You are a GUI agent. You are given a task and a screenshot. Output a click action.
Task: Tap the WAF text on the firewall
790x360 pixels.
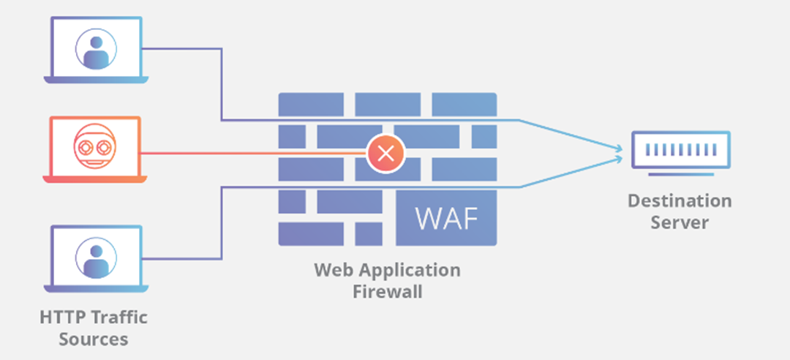point(446,218)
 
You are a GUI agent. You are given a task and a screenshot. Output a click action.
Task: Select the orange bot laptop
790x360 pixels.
point(96,150)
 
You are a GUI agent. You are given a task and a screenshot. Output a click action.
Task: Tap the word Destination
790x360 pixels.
point(680,200)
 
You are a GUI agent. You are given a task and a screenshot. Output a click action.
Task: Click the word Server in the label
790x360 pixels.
point(680,222)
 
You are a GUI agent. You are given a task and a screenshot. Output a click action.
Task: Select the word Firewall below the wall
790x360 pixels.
point(387,291)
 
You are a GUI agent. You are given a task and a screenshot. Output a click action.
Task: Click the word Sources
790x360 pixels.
point(94,339)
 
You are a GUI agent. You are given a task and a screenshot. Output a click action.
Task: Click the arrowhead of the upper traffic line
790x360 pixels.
point(620,149)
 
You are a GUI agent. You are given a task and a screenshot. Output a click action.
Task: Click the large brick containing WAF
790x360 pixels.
point(446,218)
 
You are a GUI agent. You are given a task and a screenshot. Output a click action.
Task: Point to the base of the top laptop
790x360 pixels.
point(96,78)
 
